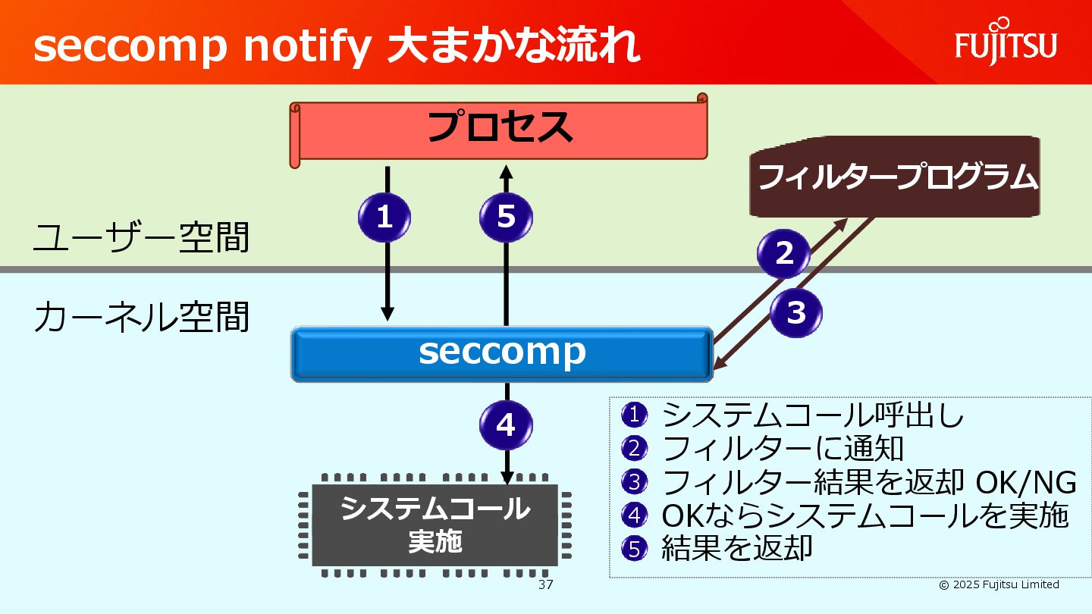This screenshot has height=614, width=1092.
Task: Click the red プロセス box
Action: point(499,129)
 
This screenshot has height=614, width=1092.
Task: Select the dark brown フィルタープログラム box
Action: point(895,177)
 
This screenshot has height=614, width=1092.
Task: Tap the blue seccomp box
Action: point(502,352)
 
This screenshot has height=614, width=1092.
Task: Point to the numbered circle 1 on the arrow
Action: point(384,218)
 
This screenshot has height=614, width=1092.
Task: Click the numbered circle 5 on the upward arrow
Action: point(506,218)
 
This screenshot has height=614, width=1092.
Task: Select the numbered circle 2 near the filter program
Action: point(784,252)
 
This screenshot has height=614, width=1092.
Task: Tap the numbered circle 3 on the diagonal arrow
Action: point(796,312)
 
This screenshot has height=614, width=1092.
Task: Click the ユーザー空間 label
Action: point(141,237)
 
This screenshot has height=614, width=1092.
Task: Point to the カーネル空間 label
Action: point(141,318)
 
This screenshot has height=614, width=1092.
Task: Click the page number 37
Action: point(545,585)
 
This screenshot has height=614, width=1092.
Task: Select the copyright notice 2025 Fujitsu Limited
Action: point(999,584)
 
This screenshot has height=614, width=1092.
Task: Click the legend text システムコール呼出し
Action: point(813,415)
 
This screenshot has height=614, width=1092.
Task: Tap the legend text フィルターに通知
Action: point(783,448)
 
